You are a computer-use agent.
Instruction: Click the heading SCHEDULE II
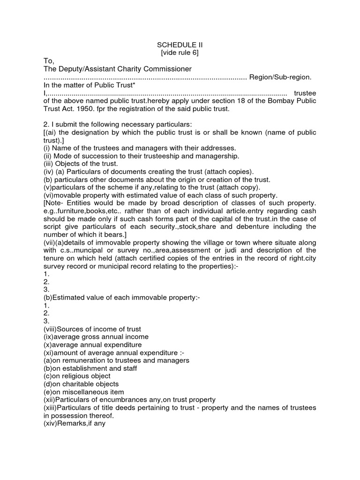(x=180, y=45)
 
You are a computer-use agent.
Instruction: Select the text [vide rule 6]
(x=180, y=52)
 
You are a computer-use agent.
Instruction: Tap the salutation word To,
(x=49, y=61)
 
